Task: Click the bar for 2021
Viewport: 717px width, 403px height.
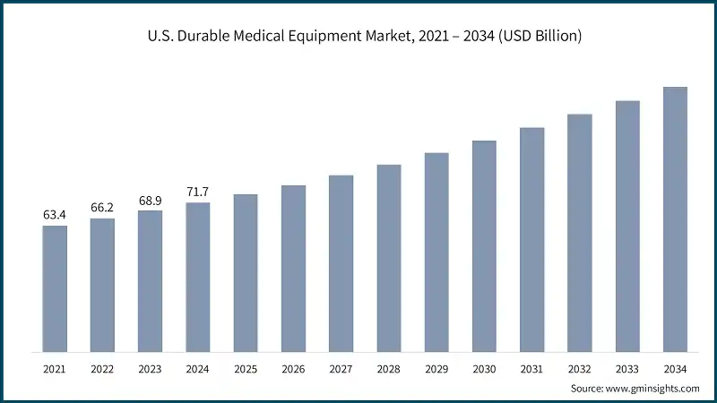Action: coord(55,288)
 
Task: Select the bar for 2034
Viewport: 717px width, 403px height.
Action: coord(675,219)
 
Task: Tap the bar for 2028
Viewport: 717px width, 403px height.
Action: coord(389,258)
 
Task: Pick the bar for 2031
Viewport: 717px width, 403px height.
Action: coord(532,239)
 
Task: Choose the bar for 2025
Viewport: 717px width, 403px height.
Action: coord(246,272)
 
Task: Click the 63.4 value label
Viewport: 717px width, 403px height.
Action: coord(55,215)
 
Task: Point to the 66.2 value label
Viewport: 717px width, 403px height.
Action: coord(102,208)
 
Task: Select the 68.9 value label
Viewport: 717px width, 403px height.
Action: coord(151,200)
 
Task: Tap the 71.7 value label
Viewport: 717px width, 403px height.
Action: coord(198,193)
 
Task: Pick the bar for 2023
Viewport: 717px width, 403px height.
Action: coord(151,280)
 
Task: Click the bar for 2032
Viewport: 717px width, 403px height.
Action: coord(580,233)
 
